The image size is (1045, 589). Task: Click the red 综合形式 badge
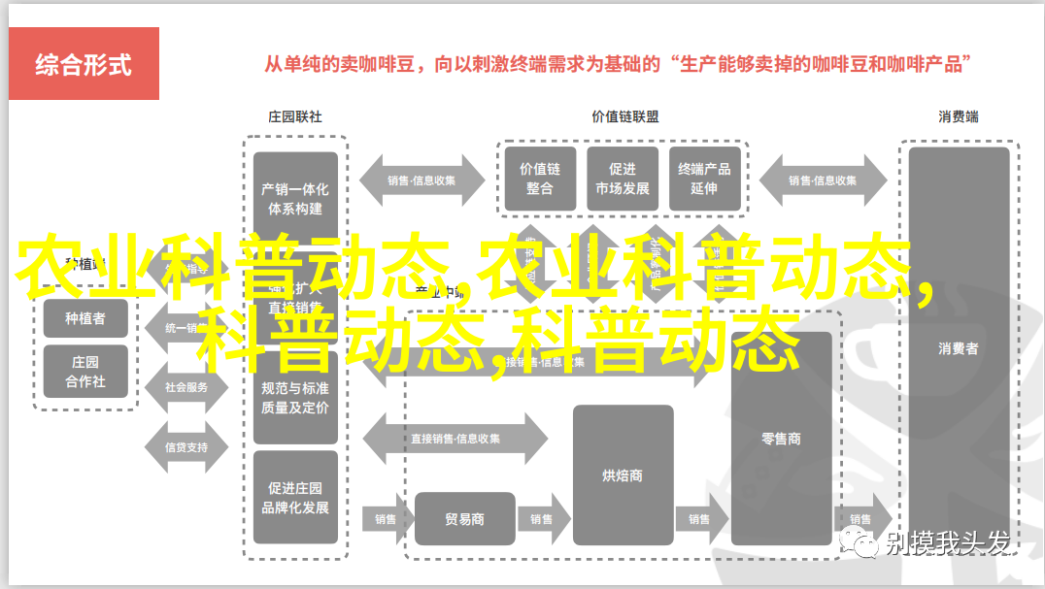84,65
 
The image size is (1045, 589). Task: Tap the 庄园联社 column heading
294,116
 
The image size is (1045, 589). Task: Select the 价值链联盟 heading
624,116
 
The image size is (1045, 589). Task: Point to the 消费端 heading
958,116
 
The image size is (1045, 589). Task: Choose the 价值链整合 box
540,178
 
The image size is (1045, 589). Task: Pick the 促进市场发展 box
623,178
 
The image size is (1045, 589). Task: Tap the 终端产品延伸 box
704,178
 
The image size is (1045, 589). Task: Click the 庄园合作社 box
85,372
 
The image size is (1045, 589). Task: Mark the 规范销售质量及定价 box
295,397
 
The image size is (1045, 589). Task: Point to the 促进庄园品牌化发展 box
295,498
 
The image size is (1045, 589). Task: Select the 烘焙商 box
623,474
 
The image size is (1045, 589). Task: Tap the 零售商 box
781,439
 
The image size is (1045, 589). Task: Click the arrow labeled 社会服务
185,386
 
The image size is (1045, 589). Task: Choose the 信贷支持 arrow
185,447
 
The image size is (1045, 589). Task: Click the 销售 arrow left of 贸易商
386,519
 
